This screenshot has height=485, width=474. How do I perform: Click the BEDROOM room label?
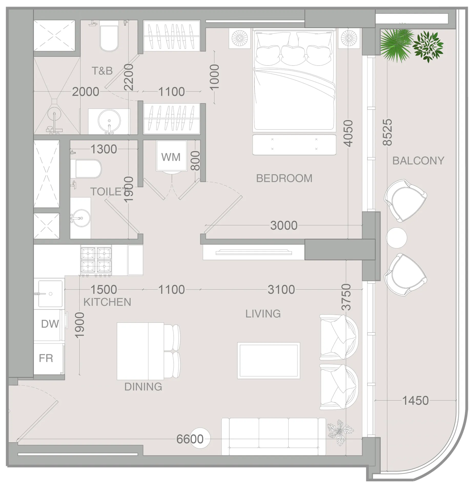click(284, 178)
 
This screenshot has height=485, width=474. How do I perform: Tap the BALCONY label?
click(418, 161)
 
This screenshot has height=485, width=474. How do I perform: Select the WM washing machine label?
click(171, 157)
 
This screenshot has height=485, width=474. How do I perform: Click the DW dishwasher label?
click(50, 324)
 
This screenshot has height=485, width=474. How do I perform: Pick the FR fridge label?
click(46, 358)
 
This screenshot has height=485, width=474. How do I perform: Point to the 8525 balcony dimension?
click(387, 132)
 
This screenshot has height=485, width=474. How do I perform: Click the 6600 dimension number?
click(190, 439)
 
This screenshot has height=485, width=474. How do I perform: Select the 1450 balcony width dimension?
click(415, 400)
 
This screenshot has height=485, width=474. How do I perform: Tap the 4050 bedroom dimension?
click(348, 133)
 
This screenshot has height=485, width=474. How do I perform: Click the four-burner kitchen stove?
click(96, 260)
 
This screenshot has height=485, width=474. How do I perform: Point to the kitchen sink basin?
click(50, 294)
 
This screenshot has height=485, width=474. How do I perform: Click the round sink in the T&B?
click(109, 121)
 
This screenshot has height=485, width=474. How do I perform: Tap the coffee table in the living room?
click(269, 360)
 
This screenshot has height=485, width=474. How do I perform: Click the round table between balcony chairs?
click(396, 238)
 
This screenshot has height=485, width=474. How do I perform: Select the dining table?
click(140, 351)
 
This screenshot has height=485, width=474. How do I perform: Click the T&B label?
click(102, 71)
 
